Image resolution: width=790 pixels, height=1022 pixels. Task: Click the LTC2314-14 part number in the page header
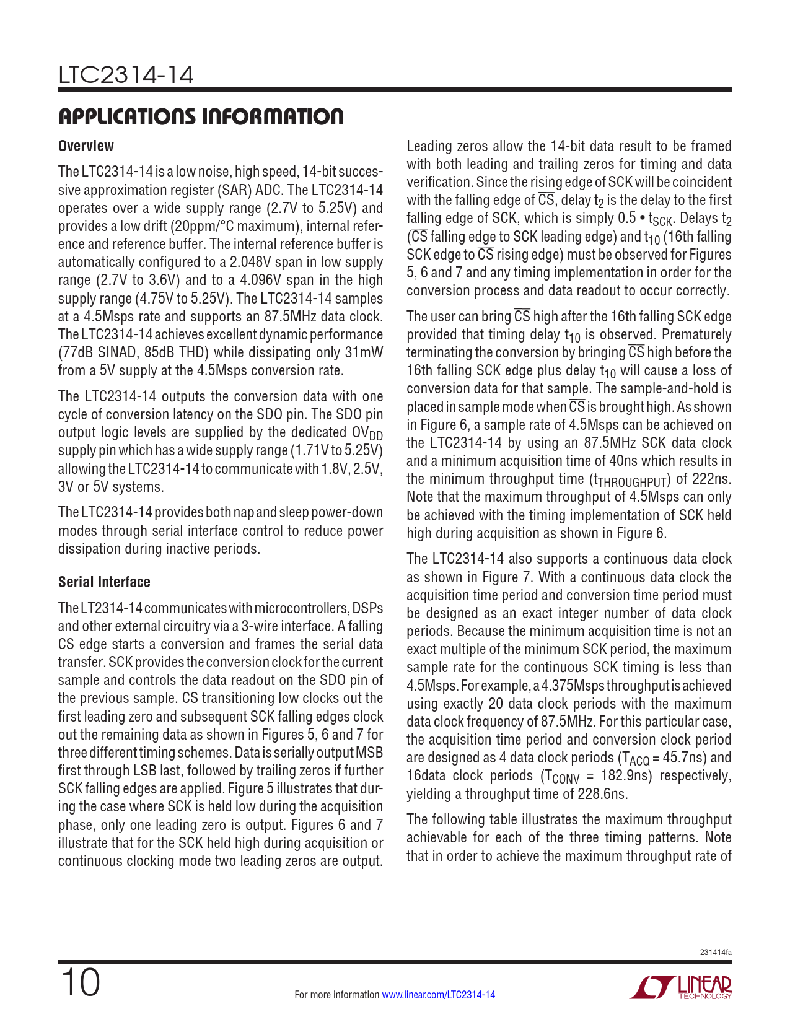126,76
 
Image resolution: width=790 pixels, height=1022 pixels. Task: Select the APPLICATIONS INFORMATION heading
201,116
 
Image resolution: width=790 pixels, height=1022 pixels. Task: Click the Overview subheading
86,146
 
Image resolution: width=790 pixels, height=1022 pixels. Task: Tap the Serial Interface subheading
104,582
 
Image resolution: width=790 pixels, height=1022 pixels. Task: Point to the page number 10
80,983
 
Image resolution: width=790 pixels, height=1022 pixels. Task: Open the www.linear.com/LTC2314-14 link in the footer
438,995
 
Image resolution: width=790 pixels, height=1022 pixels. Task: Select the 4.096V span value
268,280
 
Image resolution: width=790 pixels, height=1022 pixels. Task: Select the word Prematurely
695,334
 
